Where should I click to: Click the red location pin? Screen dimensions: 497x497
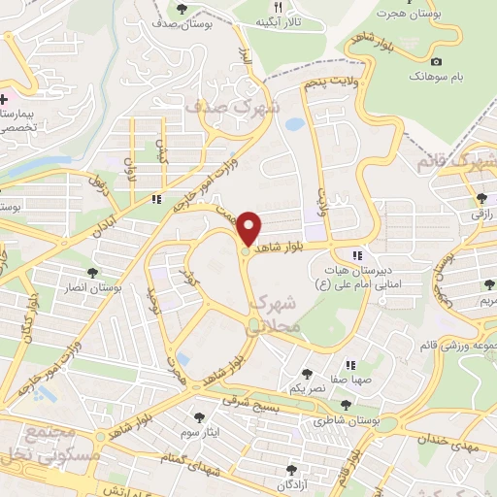point(249,227)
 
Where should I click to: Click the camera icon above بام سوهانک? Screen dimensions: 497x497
point(435,61)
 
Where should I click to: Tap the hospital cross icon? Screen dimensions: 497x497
point(3,99)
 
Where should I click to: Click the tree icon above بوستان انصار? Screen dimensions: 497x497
point(93,273)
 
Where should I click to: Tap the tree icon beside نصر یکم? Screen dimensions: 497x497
point(307,373)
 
